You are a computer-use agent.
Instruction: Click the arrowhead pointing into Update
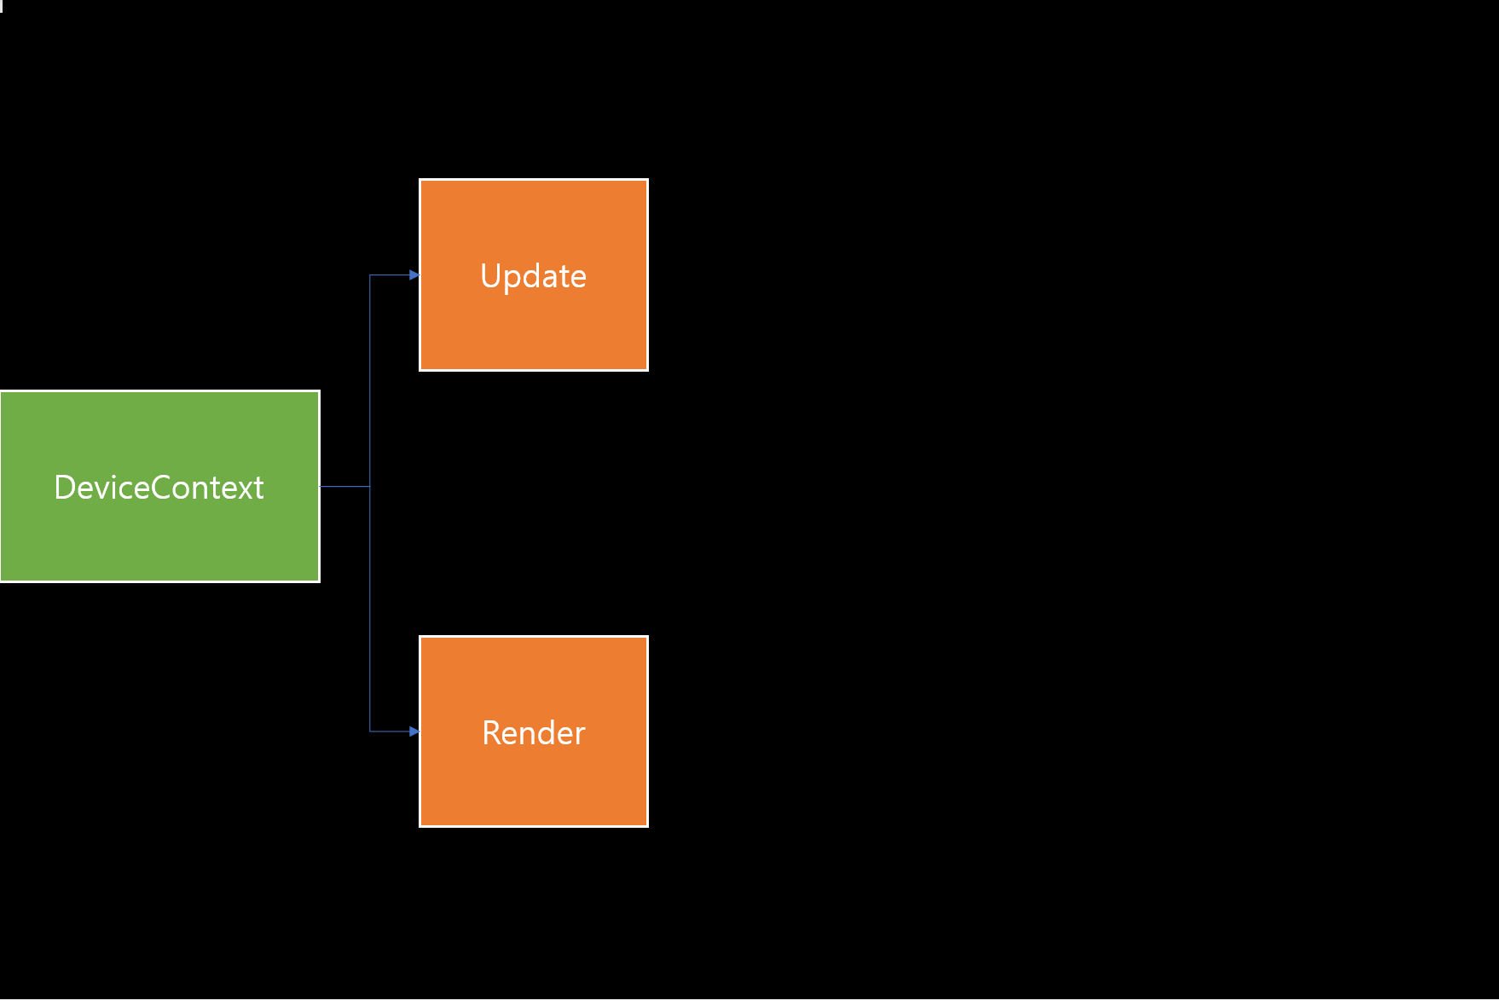[414, 275]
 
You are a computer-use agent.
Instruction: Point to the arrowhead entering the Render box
[414, 731]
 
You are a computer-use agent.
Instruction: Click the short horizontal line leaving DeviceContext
[344, 487]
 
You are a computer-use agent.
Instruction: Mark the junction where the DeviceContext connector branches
[370, 487]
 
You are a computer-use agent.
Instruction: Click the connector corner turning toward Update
[370, 275]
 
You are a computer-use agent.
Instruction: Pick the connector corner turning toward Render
[370, 731]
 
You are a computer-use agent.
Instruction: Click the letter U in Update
[490, 276]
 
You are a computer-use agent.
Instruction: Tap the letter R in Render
[491, 733]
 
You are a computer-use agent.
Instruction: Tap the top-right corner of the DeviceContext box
[319, 391]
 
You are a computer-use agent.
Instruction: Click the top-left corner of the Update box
[420, 180]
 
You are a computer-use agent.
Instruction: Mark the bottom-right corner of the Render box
[647, 825]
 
